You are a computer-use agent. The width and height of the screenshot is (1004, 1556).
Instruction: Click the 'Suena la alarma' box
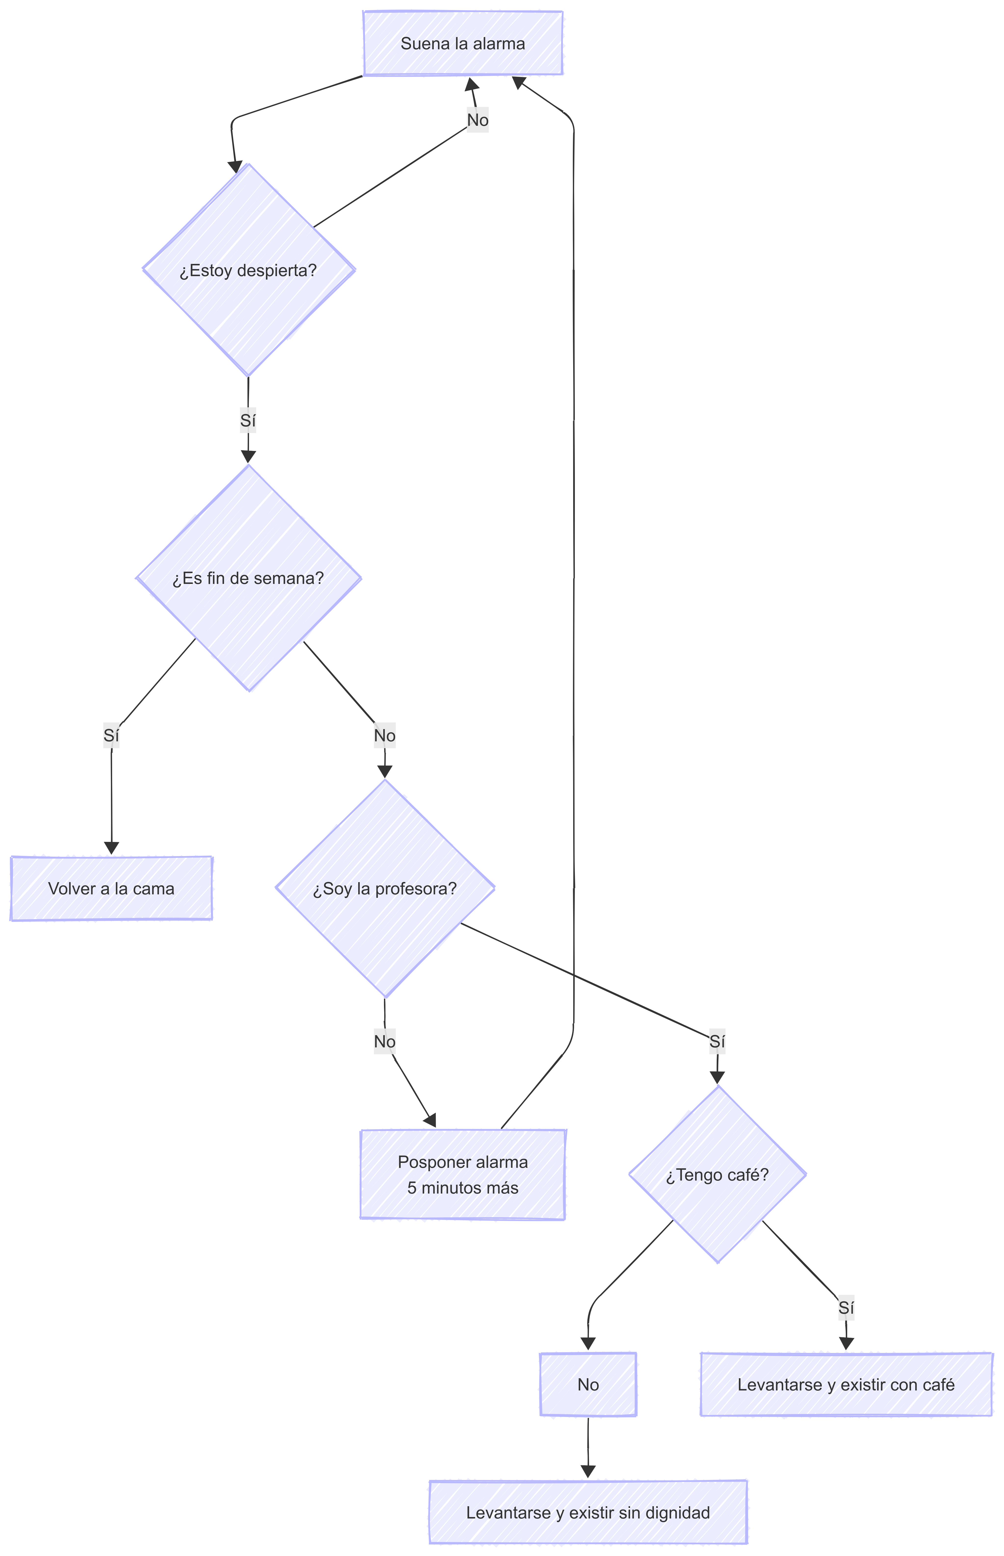463,44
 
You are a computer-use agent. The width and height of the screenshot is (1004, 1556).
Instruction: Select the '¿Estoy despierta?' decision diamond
248,270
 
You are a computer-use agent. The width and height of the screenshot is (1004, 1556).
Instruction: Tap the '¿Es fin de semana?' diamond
248,578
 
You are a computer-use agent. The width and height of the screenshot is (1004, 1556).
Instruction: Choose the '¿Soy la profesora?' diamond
385,889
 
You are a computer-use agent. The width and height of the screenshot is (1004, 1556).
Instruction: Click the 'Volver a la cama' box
111,889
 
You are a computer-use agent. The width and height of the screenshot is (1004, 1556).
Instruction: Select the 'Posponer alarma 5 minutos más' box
463,1175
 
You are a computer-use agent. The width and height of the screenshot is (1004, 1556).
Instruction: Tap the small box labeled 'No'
588,1385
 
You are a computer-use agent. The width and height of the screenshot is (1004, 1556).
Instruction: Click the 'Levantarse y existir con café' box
846,1385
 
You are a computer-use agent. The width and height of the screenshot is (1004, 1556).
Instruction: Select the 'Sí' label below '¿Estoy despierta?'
248,421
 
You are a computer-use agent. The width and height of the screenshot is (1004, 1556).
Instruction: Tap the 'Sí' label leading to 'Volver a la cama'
111,736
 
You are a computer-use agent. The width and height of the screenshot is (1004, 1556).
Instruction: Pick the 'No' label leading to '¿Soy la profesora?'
385,736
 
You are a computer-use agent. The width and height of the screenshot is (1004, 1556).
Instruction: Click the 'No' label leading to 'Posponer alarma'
385,1042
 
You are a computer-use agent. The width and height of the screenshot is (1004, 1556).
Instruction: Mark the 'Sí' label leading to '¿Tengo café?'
717,1042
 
